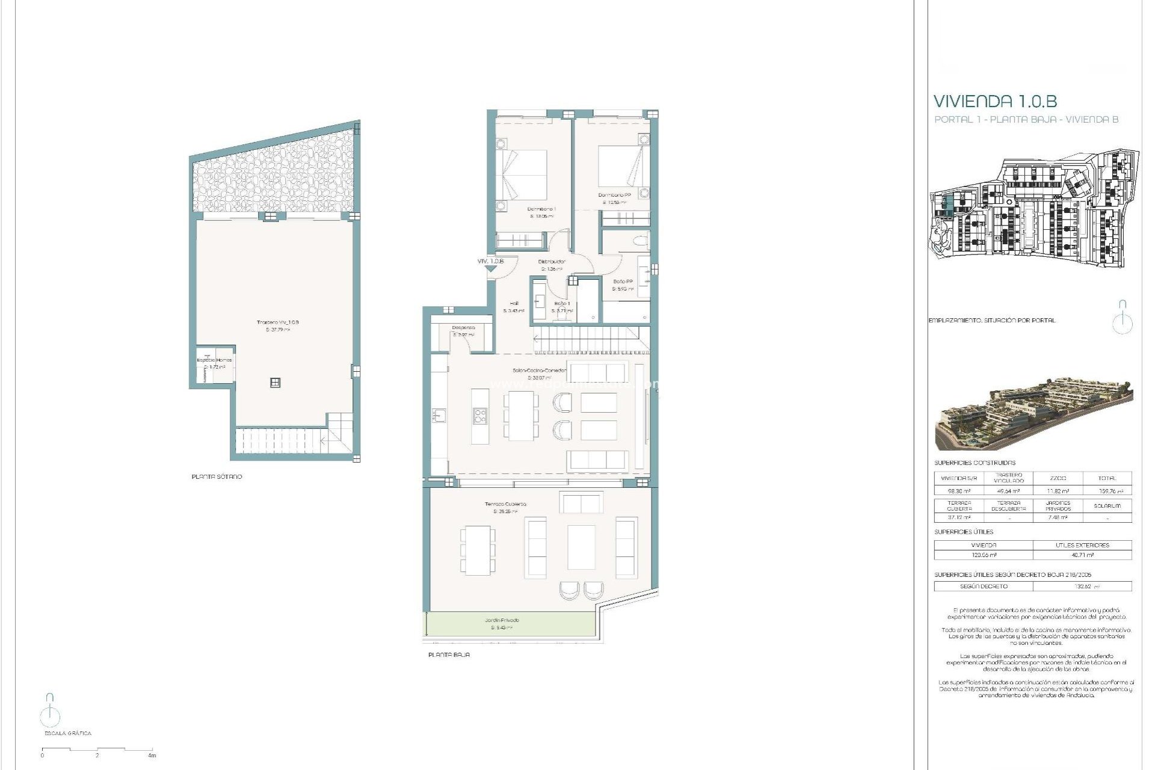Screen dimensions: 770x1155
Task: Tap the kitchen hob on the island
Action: click(x=480, y=414)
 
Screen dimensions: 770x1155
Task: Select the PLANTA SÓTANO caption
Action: click(x=217, y=476)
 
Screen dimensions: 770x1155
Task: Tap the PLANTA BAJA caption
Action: click(x=449, y=654)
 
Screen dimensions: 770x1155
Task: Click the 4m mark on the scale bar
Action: click(x=152, y=755)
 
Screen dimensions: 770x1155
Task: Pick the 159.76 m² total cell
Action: click(x=1107, y=491)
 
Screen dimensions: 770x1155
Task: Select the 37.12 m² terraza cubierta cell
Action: click(x=959, y=517)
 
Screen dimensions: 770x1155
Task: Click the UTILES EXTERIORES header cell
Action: click(x=1082, y=545)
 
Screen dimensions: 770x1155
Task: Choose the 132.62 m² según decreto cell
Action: click(x=1082, y=586)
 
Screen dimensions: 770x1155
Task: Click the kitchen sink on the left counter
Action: click(x=438, y=414)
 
